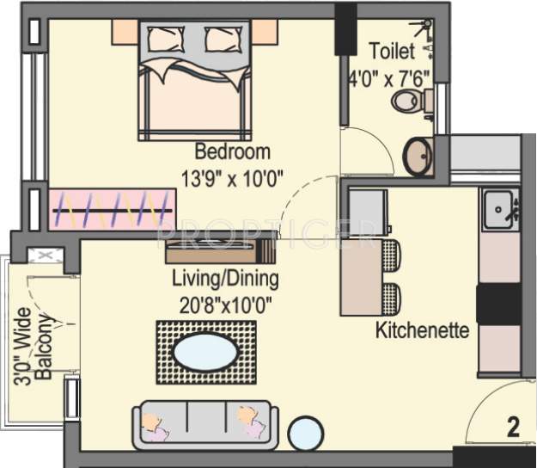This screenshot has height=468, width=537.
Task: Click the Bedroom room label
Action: click(x=232, y=152)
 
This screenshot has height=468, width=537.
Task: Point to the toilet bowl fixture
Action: click(x=410, y=102)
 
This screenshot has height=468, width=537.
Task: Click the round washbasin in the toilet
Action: click(x=419, y=156)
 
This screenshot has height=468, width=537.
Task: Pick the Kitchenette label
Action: click(x=422, y=329)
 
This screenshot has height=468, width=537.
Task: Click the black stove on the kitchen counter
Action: click(x=499, y=304)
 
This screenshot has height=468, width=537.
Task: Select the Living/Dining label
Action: click(x=225, y=279)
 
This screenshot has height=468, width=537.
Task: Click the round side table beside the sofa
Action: click(x=305, y=433)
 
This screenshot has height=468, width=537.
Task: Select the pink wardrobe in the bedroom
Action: click(x=112, y=210)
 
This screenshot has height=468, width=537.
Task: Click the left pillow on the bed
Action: click(x=165, y=39)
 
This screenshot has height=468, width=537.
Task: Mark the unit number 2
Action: click(x=513, y=428)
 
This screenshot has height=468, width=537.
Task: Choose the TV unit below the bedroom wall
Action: click(x=220, y=251)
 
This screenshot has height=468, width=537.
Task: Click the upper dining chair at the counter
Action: click(x=391, y=256)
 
